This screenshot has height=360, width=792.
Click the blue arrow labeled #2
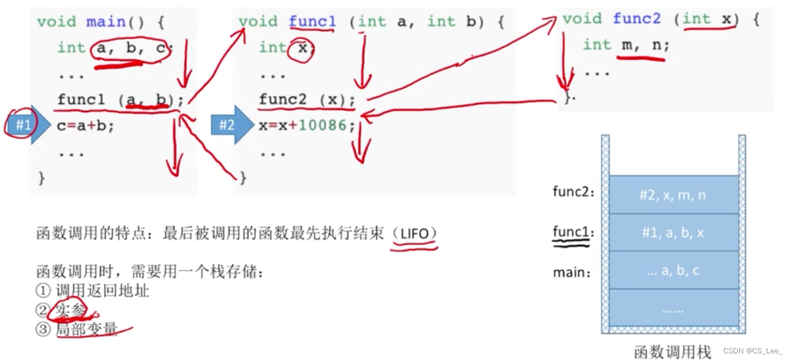(x=230, y=125)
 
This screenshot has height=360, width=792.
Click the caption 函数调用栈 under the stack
(x=672, y=352)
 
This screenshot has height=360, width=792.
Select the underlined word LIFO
(x=413, y=234)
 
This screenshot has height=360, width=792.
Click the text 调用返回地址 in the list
(x=102, y=291)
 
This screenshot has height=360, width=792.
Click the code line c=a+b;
(x=85, y=126)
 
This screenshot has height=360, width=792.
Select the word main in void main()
(x=105, y=22)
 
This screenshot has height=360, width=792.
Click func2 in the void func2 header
(x=637, y=19)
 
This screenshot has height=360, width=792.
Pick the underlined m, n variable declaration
(x=643, y=45)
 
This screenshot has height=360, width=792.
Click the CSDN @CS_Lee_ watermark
(x=753, y=351)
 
